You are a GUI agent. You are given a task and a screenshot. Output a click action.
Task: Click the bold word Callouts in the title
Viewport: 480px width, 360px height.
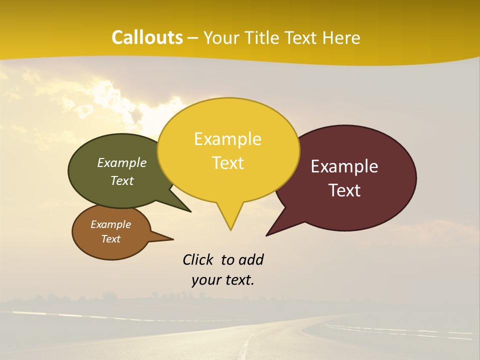147,37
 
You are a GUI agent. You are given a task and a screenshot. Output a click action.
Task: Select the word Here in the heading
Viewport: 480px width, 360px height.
341,37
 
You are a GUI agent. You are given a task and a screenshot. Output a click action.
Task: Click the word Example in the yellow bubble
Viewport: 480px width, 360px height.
227,139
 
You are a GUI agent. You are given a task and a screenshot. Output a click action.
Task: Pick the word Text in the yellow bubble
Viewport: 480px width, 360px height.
227,163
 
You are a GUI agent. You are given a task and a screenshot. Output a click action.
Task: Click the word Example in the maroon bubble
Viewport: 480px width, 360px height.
344,166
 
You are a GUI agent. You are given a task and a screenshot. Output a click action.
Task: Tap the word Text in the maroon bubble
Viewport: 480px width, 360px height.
344,190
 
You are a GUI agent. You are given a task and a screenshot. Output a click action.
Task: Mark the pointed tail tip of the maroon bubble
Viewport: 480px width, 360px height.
267,235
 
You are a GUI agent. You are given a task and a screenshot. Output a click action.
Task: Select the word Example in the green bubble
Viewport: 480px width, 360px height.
122,163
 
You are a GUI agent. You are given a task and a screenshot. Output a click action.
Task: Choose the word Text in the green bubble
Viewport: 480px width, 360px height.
122,181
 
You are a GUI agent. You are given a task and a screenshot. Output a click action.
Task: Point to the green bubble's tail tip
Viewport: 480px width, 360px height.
190,211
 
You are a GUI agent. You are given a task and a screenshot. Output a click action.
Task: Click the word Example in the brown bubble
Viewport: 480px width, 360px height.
110,224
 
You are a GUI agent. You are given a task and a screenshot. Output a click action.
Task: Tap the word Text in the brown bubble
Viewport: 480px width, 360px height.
110,239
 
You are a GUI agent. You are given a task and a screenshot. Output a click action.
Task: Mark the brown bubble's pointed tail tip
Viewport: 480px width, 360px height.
173,238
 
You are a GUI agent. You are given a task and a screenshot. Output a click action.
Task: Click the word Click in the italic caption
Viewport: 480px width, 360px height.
199,259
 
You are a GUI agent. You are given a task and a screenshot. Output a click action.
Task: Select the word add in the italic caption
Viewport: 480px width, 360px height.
250,259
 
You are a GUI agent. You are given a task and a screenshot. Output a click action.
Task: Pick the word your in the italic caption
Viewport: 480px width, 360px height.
206,280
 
